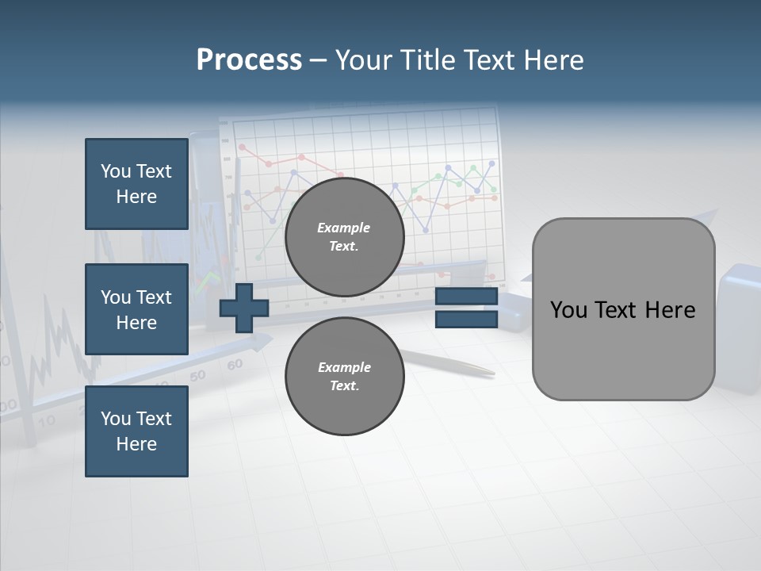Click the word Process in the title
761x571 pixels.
pos(249,60)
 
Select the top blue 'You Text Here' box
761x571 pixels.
pos(136,184)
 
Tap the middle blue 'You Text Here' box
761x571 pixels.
pos(136,309)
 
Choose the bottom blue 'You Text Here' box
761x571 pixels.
pos(136,431)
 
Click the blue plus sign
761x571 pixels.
pos(244,308)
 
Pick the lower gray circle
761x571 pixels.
pos(344,377)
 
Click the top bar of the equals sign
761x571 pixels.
pos(466,297)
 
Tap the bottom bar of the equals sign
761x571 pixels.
pos(466,319)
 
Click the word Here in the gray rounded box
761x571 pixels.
pos(670,310)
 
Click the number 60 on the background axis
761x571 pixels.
pos(235,365)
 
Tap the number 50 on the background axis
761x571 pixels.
pos(197,375)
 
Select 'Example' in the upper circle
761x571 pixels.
pos(344,228)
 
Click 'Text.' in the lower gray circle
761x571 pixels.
pos(344,386)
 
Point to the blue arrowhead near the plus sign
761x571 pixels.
pos(260,343)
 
